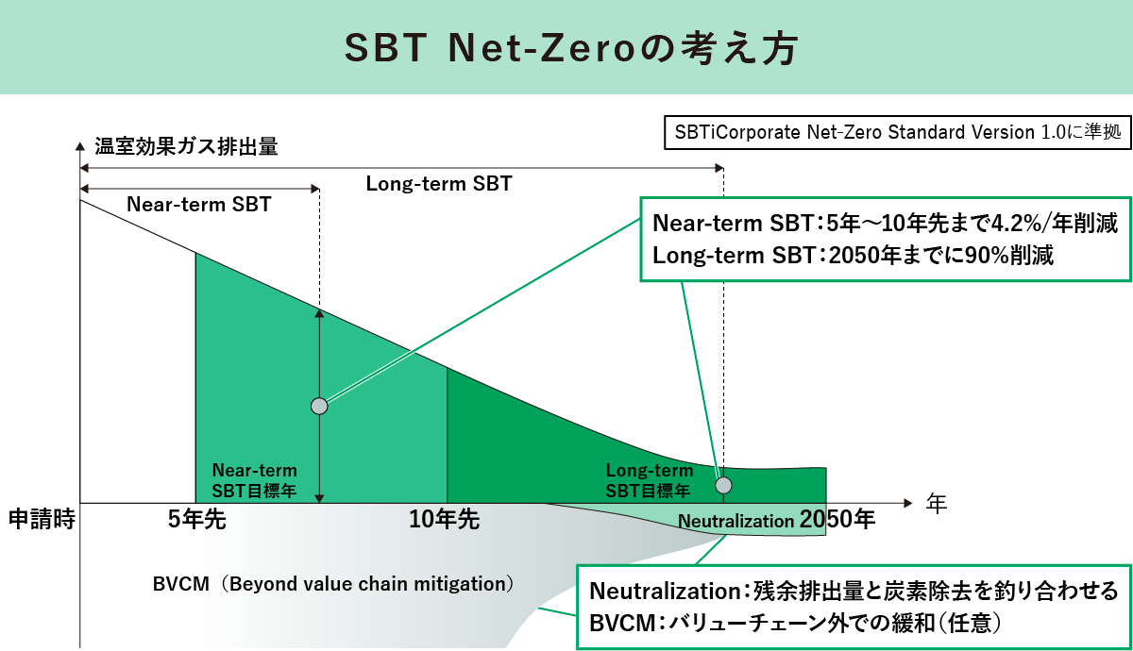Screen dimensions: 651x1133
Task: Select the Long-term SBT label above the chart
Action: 439,184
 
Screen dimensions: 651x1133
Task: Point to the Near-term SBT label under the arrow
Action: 198,204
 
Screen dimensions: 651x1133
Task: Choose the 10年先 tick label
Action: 444,520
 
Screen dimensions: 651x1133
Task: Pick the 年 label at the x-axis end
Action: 936,503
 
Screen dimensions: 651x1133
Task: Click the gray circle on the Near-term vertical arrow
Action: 319,406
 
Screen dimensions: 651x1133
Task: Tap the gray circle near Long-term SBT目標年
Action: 723,485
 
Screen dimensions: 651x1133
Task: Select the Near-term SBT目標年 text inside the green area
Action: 254,480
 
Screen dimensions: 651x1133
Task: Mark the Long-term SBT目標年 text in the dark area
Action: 649,480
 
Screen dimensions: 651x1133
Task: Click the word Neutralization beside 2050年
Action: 736,521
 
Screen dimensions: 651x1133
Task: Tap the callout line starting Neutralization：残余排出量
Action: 854,592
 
